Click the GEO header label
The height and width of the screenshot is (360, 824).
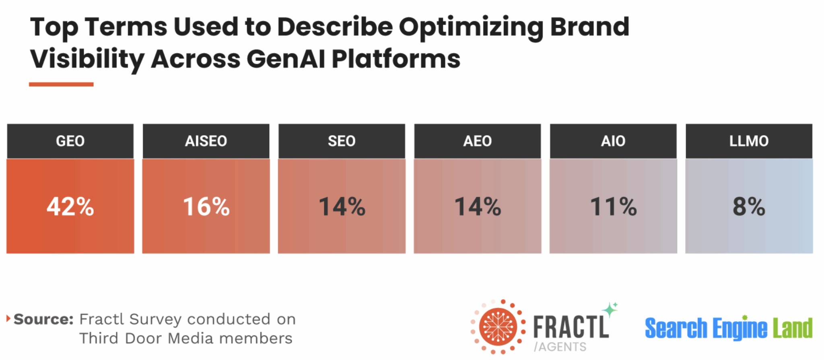(70, 141)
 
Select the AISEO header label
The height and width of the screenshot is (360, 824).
(206, 141)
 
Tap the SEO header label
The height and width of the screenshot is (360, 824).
(341, 141)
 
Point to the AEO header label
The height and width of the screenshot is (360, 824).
(477, 141)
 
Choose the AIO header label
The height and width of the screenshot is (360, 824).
(613, 141)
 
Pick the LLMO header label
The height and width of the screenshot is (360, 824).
(749, 141)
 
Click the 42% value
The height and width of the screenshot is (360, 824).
(70, 207)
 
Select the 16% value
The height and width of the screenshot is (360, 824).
(206, 207)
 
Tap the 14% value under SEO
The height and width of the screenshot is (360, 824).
(342, 207)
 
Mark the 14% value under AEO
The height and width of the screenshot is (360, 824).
(477, 207)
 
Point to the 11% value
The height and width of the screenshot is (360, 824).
(613, 207)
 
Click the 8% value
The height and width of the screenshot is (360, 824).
(749, 207)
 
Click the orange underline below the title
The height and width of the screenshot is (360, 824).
(61, 84)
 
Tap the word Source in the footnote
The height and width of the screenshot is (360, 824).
(43, 319)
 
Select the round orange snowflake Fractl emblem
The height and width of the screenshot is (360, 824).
(498, 327)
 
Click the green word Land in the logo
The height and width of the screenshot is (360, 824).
(792, 328)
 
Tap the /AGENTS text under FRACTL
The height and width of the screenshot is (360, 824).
(560, 347)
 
